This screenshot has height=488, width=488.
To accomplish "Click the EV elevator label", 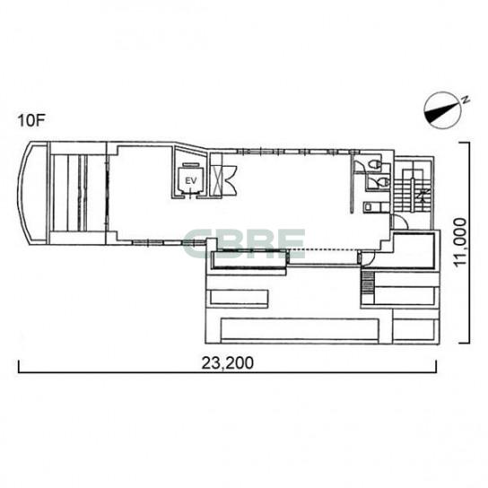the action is pyautogui.click(x=191, y=181).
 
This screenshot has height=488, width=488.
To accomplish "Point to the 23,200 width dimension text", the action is pyautogui.click(x=228, y=363).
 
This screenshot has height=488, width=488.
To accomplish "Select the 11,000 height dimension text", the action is pyautogui.click(x=460, y=242).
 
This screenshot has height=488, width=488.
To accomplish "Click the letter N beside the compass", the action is pyautogui.click(x=466, y=100).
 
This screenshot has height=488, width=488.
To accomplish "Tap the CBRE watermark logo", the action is pyautogui.click(x=244, y=244).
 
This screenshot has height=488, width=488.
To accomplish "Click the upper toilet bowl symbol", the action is pyautogui.click(x=375, y=164).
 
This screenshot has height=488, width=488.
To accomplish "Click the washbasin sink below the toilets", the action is pyautogui.click(x=368, y=206).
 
